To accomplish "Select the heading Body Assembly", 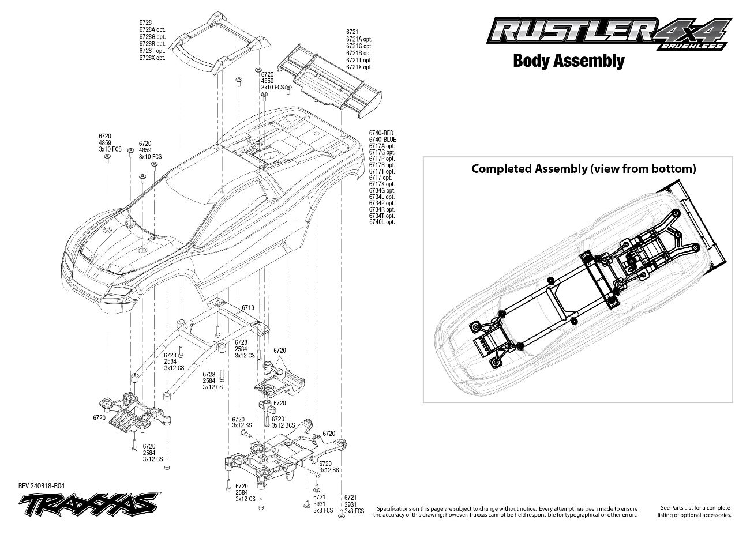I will point(568,61).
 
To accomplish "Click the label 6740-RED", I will point(381,133).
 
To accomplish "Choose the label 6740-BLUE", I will point(382,140).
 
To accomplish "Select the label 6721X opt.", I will point(359,67).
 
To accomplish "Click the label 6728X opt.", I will point(152,58).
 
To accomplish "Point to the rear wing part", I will point(332,78).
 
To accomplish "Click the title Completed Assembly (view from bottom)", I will point(583,169).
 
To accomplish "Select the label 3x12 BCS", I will point(283,425).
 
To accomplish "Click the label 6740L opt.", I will point(382,222).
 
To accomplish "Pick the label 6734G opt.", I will point(382,190).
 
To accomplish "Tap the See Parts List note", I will point(696,511).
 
